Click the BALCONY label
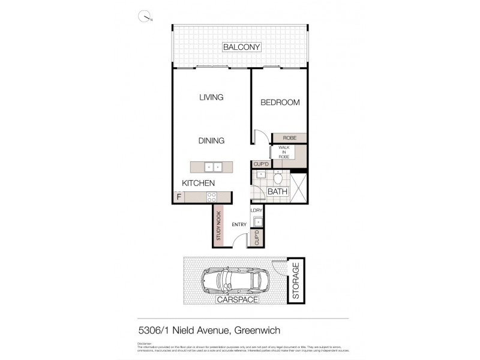pyautogui.click(x=240, y=47)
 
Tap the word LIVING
pyautogui.click(x=211, y=97)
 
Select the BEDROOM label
pyautogui.click(x=280, y=103)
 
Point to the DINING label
pyautogui.click(x=211, y=141)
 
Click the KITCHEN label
pyautogui.click(x=199, y=183)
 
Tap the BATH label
pyautogui.click(x=277, y=192)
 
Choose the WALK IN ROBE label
pyautogui.click(x=283, y=153)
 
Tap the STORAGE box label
pyautogui.click(x=295, y=280)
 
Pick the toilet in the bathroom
pyautogui.click(x=278, y=178)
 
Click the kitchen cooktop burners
pyautogui.click(x=211, y=196)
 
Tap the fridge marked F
pyautogui.click(x=178, y=196)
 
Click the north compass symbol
pyautogui.click(x=145, y=17)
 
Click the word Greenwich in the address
pyautogui.click(x=258, y=330)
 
